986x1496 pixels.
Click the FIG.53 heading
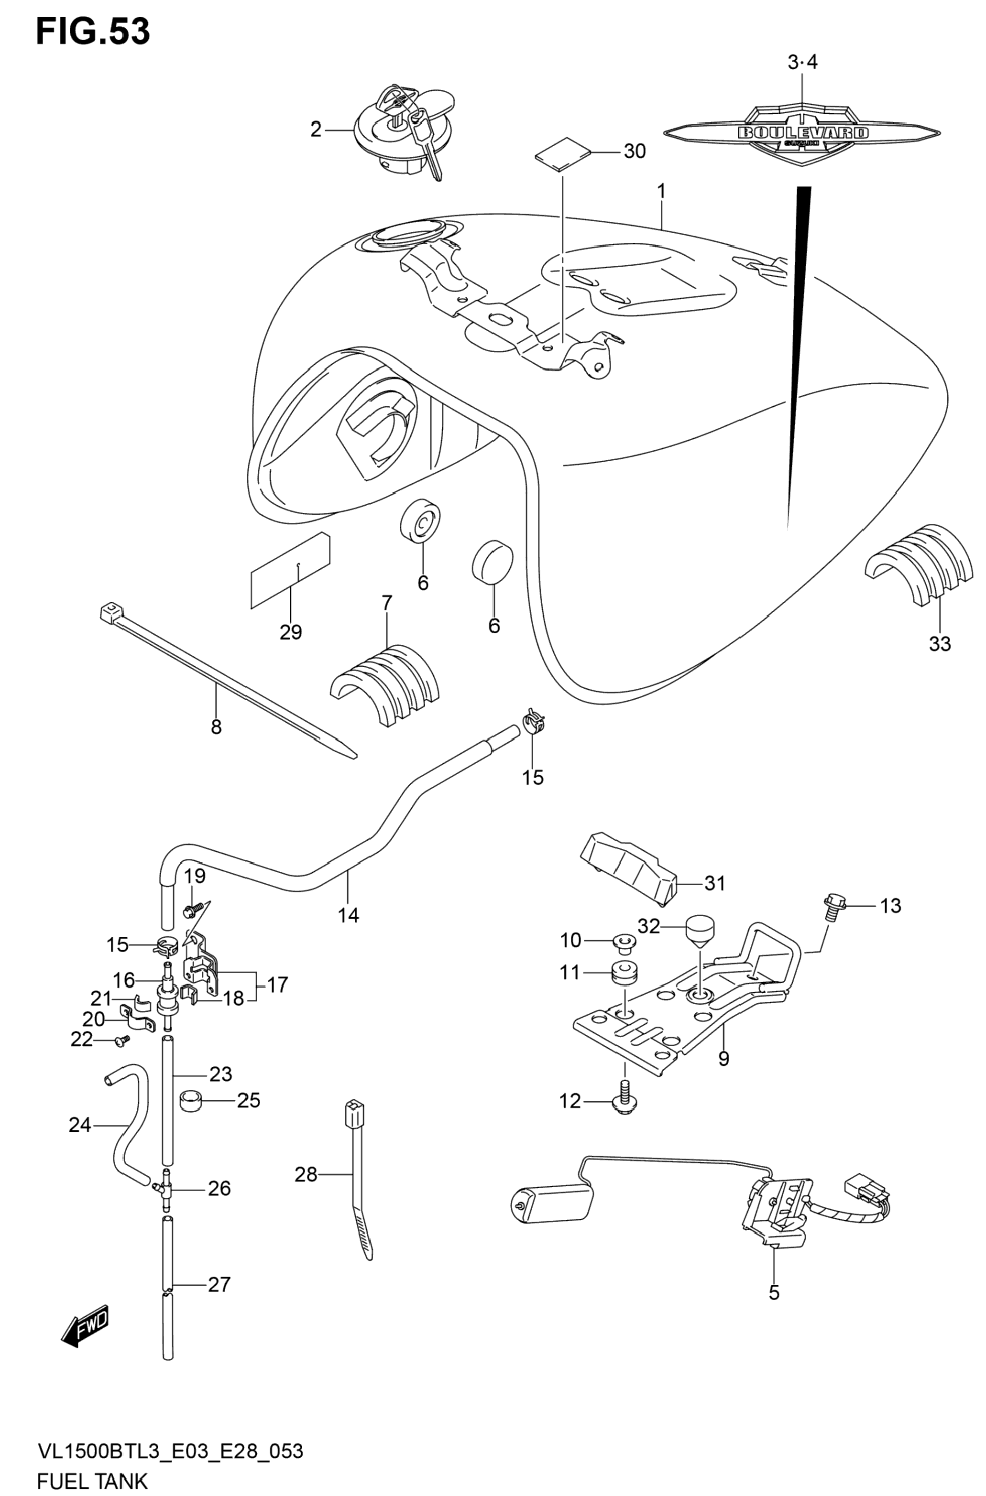[x=93, y=32]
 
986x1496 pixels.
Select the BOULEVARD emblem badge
[x=802, y=132]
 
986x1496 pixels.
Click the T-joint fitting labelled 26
[x=165, y=1188]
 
